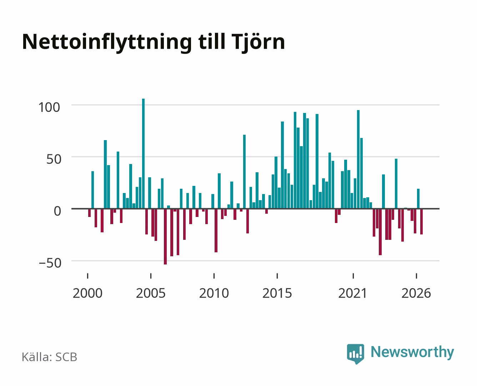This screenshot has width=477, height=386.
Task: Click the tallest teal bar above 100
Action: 143,154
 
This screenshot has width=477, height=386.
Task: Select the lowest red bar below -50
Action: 165,237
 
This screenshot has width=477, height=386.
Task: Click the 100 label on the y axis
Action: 49,107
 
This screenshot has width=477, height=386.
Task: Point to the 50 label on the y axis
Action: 54,159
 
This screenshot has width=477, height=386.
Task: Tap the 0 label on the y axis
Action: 57,211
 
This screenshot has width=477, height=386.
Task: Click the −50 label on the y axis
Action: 50,263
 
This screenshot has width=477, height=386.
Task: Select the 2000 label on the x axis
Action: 87,293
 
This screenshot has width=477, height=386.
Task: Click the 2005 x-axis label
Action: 151,293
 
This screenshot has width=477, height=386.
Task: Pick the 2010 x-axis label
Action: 214,293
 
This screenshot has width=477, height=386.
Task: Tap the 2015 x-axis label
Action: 277,293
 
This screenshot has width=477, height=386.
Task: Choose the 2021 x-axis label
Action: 353,293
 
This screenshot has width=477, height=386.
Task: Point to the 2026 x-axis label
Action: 416,293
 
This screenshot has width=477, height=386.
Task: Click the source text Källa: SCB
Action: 49,357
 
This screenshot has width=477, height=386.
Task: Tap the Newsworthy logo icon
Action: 355,354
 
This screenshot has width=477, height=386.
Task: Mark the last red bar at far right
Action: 421,222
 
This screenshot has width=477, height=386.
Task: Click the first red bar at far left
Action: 89,213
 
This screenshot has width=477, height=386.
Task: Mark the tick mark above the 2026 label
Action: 416,276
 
